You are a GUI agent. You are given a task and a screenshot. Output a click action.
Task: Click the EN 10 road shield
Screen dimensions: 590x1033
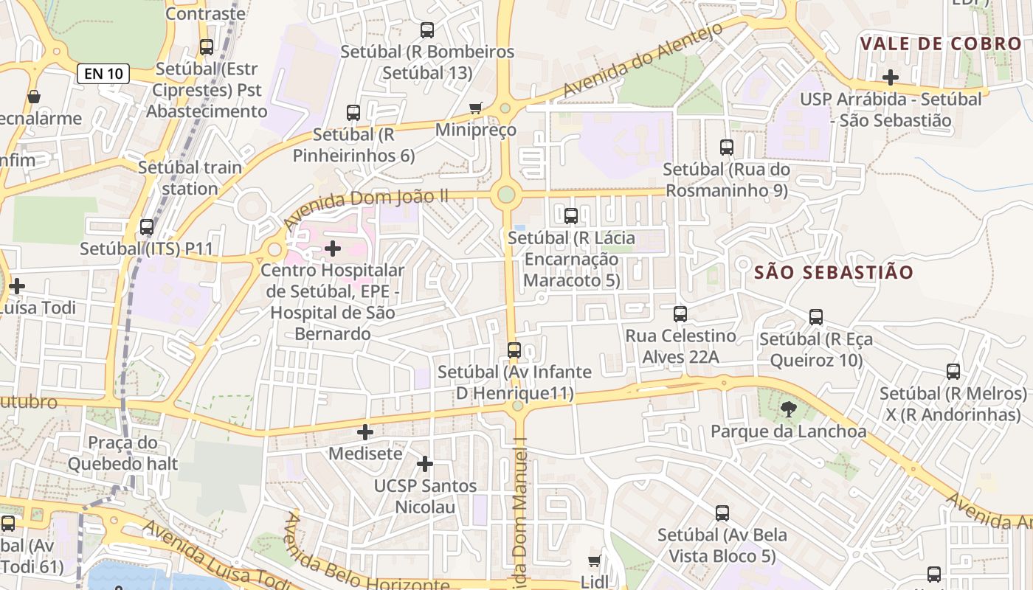(103, 73)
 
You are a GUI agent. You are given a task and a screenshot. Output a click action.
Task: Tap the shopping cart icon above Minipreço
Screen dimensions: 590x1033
(476, 108)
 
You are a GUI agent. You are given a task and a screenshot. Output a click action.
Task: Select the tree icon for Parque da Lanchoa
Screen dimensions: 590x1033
(788, 409)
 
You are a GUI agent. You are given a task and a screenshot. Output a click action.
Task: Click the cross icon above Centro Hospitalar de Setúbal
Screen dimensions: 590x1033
(333, 249)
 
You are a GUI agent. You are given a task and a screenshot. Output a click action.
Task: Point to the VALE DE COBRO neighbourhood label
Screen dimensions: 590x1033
(941, 44)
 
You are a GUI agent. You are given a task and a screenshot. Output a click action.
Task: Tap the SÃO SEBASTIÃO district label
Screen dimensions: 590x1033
(834, 272)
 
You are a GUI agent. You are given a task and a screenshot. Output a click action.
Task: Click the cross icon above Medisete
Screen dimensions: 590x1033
(365, 432)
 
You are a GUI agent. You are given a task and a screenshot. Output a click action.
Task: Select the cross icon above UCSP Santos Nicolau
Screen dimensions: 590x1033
(425, 464)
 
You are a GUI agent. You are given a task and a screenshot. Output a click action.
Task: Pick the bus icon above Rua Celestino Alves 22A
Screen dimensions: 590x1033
(680, 314)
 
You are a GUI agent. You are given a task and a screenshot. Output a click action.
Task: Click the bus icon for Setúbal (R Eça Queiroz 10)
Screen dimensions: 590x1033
(815, 317)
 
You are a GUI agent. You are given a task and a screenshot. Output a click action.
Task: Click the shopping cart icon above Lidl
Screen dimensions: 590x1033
(595, 561)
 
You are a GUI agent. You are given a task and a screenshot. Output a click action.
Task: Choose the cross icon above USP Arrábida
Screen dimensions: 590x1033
(891, 77)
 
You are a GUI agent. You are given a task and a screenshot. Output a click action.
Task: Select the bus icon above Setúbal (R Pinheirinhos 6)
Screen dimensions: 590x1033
(353, 113)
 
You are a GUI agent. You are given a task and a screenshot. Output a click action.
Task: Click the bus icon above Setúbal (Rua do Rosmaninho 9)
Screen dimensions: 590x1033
(727, 147)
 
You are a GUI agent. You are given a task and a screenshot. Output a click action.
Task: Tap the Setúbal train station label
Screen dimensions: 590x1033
(190, 178)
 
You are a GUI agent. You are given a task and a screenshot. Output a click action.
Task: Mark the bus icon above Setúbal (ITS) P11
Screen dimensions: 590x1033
(147, 227)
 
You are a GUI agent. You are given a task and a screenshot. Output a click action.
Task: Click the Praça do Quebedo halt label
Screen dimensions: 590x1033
(122, 453)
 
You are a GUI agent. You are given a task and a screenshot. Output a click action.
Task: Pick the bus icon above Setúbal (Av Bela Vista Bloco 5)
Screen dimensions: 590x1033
(722, 513)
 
